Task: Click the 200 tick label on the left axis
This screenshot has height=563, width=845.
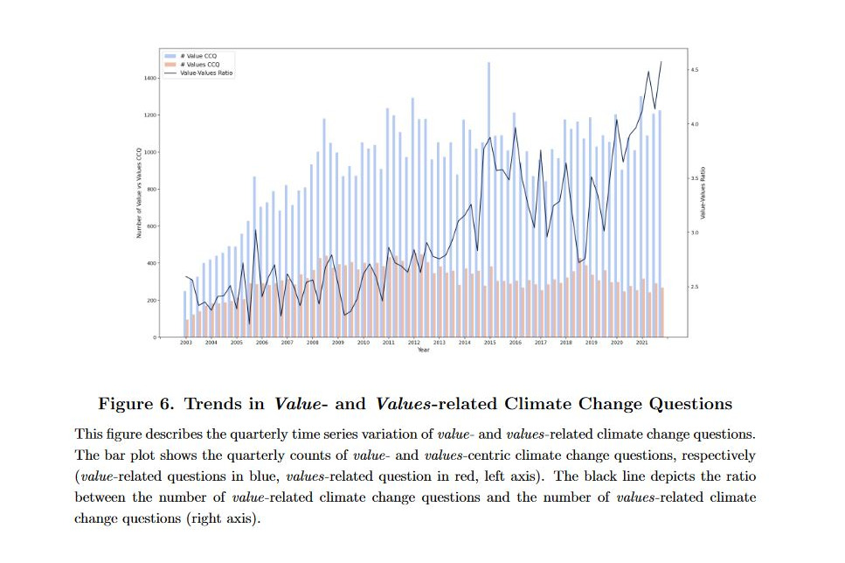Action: (151, 300)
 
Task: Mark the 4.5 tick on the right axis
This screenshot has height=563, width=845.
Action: (695, 70)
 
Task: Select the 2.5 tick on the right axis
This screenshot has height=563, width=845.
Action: (695, 287)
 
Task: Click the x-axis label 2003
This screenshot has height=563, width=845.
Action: (186, 344)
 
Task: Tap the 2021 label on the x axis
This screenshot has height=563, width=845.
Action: (641, 344)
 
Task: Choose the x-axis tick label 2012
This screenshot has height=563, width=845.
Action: (413, 344)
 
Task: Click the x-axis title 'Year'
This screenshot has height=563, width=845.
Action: (424, 351)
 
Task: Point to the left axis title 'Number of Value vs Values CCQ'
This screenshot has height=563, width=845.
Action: (138, 193)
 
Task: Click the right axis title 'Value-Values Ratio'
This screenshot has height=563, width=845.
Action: (704, 193)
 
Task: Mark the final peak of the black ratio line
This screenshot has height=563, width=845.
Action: (661, 62)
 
